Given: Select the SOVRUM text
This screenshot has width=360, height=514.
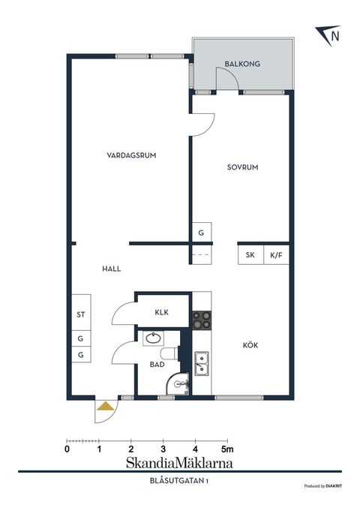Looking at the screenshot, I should [x=242, y=168].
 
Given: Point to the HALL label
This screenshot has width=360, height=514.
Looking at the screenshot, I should [x=112, y=269].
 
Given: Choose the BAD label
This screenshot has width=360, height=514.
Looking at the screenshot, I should [x=157, y=365].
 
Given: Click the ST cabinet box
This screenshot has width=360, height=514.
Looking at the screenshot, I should [x=80, y=315].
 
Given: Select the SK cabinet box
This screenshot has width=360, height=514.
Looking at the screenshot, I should [x=250, y=255].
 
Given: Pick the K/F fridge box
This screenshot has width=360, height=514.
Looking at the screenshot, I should [x=276, y=255].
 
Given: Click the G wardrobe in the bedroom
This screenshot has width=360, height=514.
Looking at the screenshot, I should [x=201, y=233].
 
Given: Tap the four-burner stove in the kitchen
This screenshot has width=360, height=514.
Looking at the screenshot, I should [x=201, y=320].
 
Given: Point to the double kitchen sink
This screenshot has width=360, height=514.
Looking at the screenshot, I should [x=201, y=365].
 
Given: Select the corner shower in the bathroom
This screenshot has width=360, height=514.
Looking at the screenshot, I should [x=179, y=383].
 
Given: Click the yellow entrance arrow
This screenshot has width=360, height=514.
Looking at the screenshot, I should [x=106, y=407].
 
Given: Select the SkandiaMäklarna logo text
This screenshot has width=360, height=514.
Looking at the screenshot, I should [x=179, y=463].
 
